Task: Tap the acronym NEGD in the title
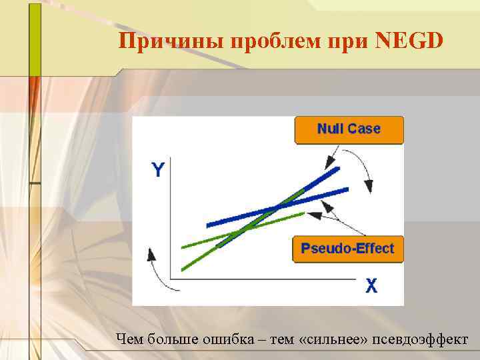[x=409, y=42]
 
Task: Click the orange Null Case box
[x=349, y=129]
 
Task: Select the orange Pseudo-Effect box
[x=347, y=249]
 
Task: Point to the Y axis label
[x=158, y=170]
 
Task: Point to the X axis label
[x=371, y=286]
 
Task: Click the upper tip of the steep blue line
[x=339, y=169]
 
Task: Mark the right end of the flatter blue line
[x=347, y=190]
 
